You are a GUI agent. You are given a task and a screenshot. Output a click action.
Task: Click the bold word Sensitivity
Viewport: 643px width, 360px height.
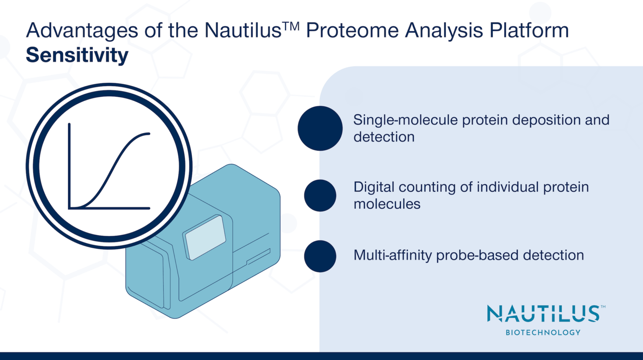[77, 55]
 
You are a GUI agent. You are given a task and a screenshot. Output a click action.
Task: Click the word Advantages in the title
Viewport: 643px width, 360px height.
[82, 31]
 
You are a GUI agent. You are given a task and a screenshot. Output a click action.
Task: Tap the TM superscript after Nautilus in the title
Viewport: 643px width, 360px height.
[291, 26]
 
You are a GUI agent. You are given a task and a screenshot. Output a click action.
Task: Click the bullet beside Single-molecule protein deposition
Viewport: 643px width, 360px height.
[320, 128]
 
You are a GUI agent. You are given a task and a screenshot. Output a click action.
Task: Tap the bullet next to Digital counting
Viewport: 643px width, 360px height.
[320, 195]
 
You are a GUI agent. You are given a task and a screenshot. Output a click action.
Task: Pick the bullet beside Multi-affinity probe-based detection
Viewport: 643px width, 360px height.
[320, 256]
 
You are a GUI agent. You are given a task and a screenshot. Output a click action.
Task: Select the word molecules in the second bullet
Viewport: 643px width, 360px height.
[387, 204]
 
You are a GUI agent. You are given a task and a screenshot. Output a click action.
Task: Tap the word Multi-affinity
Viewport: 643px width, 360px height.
[392, 255]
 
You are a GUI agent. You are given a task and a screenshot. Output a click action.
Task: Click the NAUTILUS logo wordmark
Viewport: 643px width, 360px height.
[543, 314]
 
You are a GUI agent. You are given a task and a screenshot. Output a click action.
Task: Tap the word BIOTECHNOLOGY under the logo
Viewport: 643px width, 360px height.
[543, 332]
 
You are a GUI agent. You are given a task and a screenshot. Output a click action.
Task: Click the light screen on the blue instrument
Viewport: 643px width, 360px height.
[205, 237]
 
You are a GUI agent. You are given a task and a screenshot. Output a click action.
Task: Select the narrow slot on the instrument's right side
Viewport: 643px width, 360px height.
[258, 257]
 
